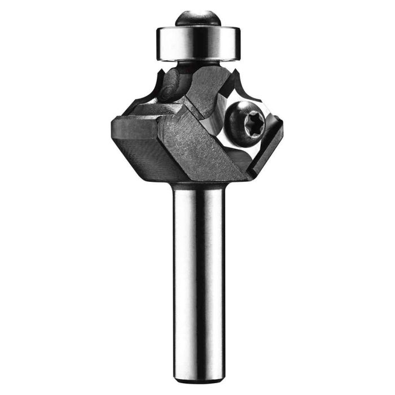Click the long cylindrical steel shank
197,271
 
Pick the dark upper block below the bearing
209,85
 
